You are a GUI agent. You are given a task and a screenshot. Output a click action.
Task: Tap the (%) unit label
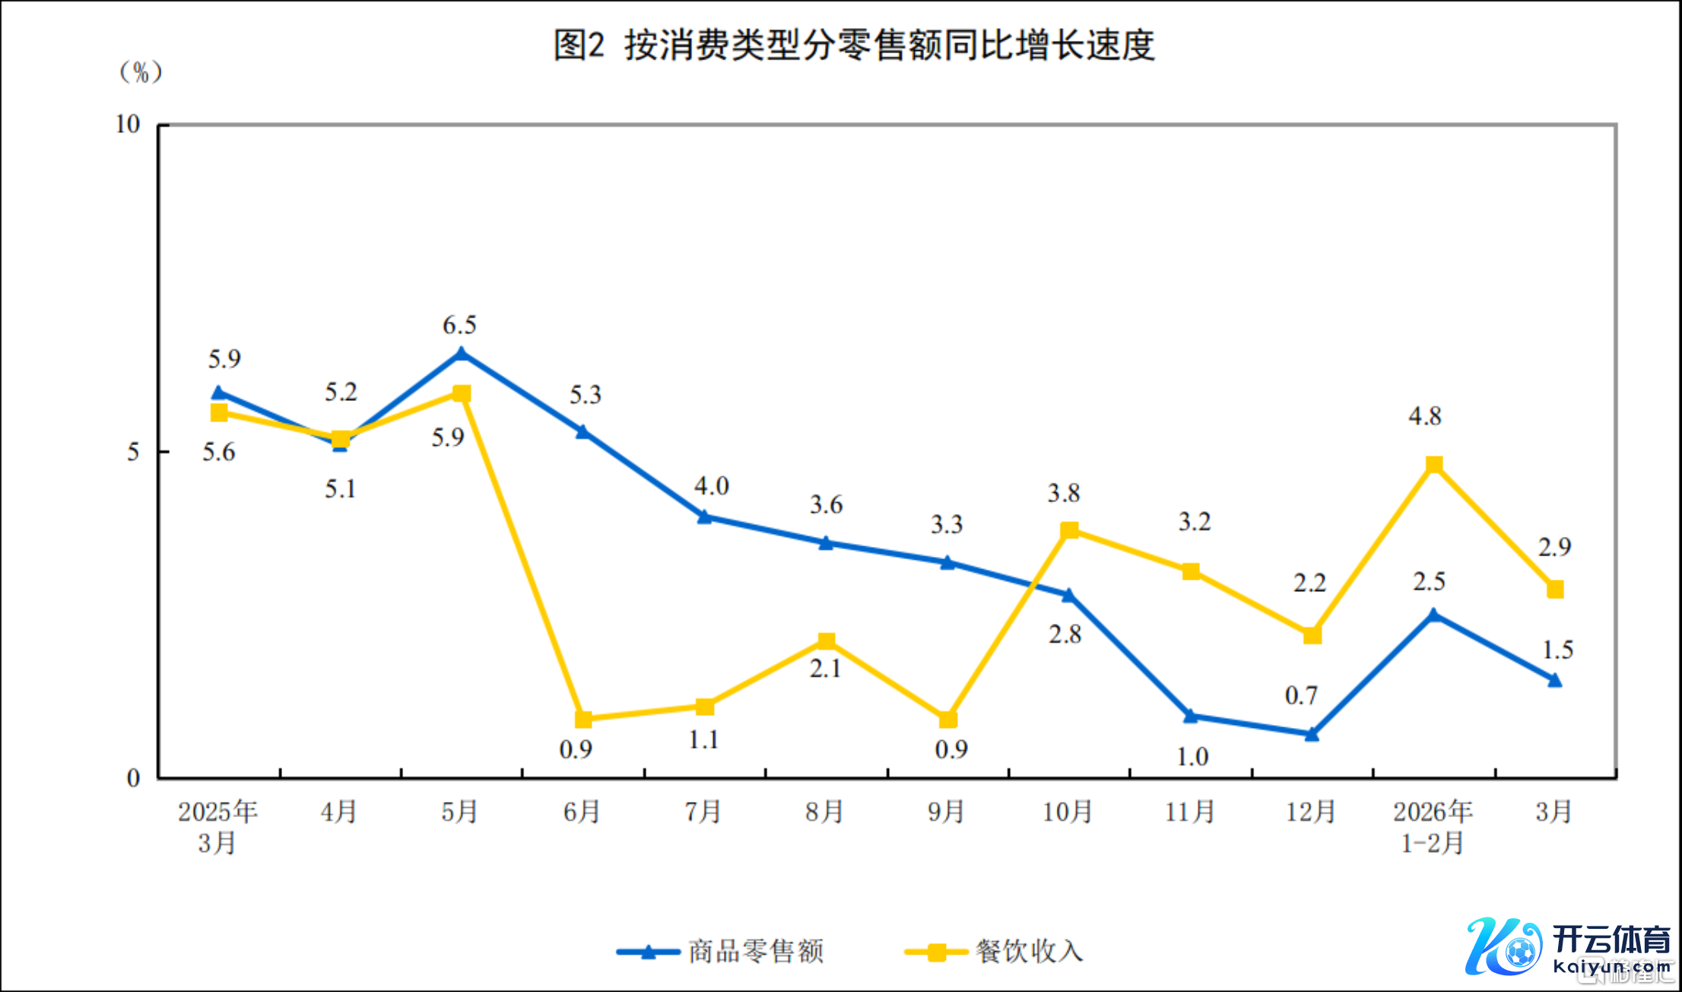pyautogui.click(x=141, y=72)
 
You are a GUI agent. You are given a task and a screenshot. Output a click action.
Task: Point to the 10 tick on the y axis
pyautogui.click(x=128, y=124)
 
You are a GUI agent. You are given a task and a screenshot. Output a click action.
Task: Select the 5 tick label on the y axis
pyautogui.click(x=133, y=452)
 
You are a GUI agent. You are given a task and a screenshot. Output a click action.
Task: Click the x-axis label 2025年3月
pyautogui.click(x=217, y=826)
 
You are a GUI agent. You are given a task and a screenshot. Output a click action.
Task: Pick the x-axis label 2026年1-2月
pyautogui.click(x=1433, y=826)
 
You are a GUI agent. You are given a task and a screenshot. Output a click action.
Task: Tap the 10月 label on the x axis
pyautogui.click(x=1068, y=812)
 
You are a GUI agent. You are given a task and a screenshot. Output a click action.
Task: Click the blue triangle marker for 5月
pyautogui.click(x=462, y=354)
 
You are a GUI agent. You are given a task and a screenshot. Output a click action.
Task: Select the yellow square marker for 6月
pyautogui.click(x=583, y=719)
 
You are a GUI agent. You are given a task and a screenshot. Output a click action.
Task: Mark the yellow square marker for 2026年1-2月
pyautogui.click(x=1434, y=465)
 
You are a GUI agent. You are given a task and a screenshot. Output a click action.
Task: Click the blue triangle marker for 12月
pyautogui.click(x=1312, y=734)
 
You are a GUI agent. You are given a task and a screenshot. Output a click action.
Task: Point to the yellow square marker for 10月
pyautogui.click(x=1069, y=530)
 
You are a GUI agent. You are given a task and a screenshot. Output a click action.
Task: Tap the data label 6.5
pyautogui.click(x=460, y=326)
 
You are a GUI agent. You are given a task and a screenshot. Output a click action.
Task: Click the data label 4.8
pyautogui.click(x=1425, y=416)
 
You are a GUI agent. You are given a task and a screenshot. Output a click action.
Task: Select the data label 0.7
pyautogui.click(x=1301, y=695)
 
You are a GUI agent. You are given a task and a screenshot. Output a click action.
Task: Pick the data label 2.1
pyautogui.click(x=825, y=669)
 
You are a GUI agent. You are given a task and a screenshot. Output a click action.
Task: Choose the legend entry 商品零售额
pyautogui.click(x=756, y=951)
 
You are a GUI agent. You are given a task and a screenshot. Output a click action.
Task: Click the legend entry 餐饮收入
pyautogui.click(x=1030, y=951)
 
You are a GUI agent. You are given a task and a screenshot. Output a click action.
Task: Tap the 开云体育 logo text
pyautogui.click(x=1611, y=940)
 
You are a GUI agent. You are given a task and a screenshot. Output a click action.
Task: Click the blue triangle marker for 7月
pyautogui.click(x=705, y=517)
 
